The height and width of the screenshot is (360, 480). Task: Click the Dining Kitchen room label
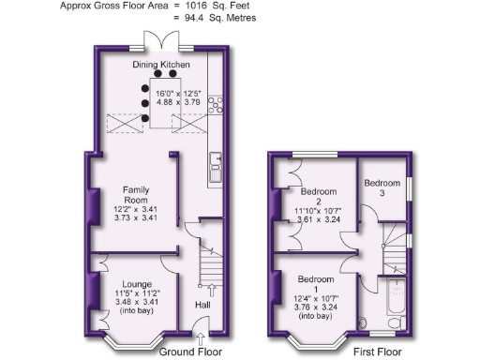160,65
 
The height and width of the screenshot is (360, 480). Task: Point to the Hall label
202,305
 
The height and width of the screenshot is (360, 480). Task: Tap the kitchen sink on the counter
215,166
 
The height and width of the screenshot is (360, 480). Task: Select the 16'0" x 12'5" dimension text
177,94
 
